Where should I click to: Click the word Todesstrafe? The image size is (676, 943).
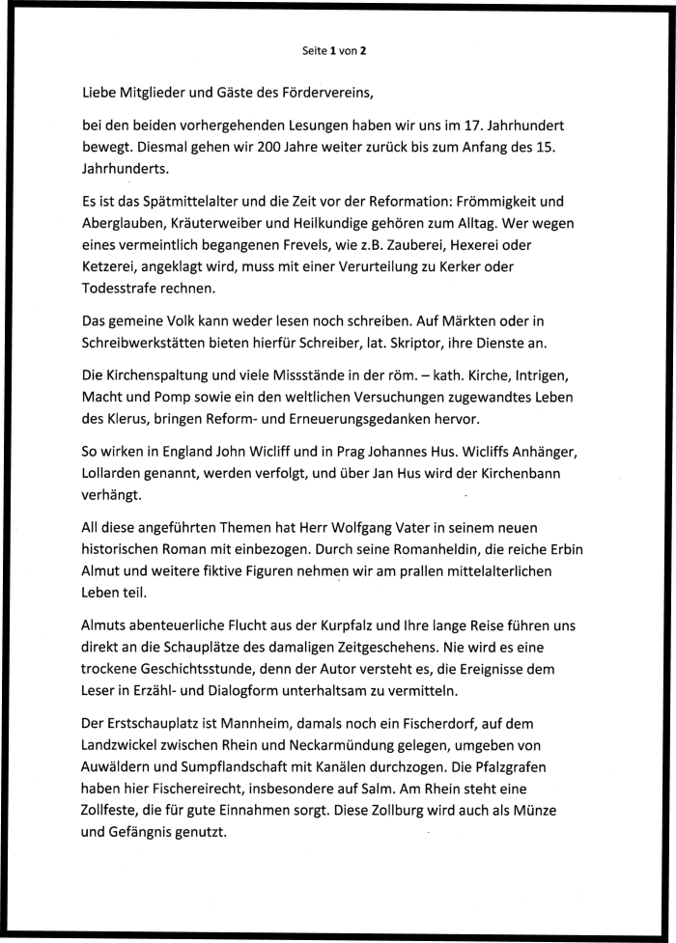point(122,288)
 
